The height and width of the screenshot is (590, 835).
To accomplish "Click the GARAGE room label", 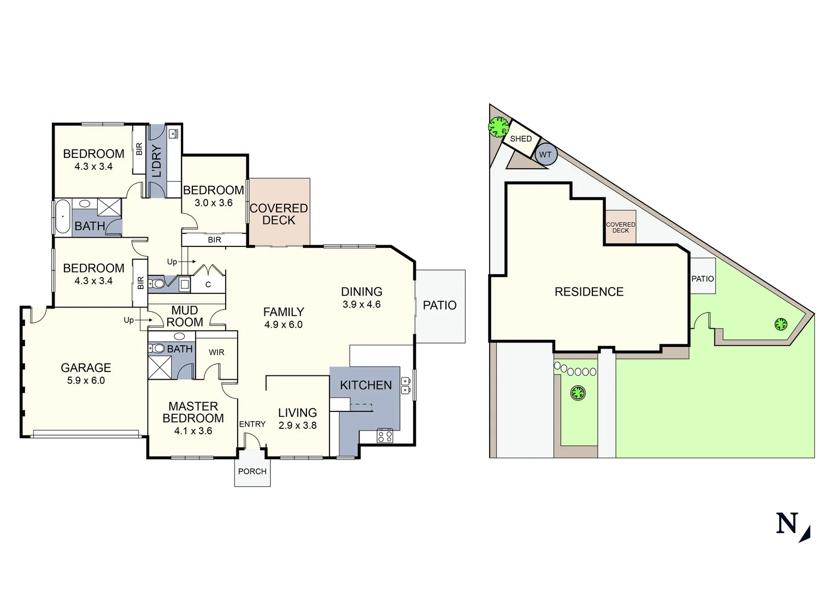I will [86, 368].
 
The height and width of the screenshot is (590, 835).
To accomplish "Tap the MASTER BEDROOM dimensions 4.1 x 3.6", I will [193, 431].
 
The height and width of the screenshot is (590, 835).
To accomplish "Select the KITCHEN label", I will [366, 385].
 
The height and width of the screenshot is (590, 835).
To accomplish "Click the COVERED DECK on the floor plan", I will [279, 214].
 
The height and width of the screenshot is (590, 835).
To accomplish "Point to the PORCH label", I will [252, 471].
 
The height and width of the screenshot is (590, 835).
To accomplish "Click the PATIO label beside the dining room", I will [439, 305].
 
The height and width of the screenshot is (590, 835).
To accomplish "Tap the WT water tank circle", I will [545, 155].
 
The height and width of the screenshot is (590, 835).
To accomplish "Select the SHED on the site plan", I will [521, 139].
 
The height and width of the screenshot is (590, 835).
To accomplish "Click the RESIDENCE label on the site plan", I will [589, 292].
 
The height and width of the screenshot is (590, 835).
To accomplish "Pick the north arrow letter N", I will [787, 523].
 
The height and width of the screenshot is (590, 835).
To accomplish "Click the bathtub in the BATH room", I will [62, 217].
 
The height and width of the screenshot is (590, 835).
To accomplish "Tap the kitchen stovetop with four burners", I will [385, 435].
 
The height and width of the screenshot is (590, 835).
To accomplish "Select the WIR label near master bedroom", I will [216, 352].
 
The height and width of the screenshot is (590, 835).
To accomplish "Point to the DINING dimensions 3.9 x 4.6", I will [361, 305].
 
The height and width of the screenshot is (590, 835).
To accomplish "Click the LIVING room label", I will [297, 413].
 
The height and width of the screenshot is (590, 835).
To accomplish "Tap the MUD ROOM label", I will [185, 316].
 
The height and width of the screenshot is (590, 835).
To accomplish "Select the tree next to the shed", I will [498, 127].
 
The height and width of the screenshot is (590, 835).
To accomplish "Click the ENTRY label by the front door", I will [252, 424].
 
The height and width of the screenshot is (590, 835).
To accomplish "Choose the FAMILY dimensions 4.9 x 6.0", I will [283, 324].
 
